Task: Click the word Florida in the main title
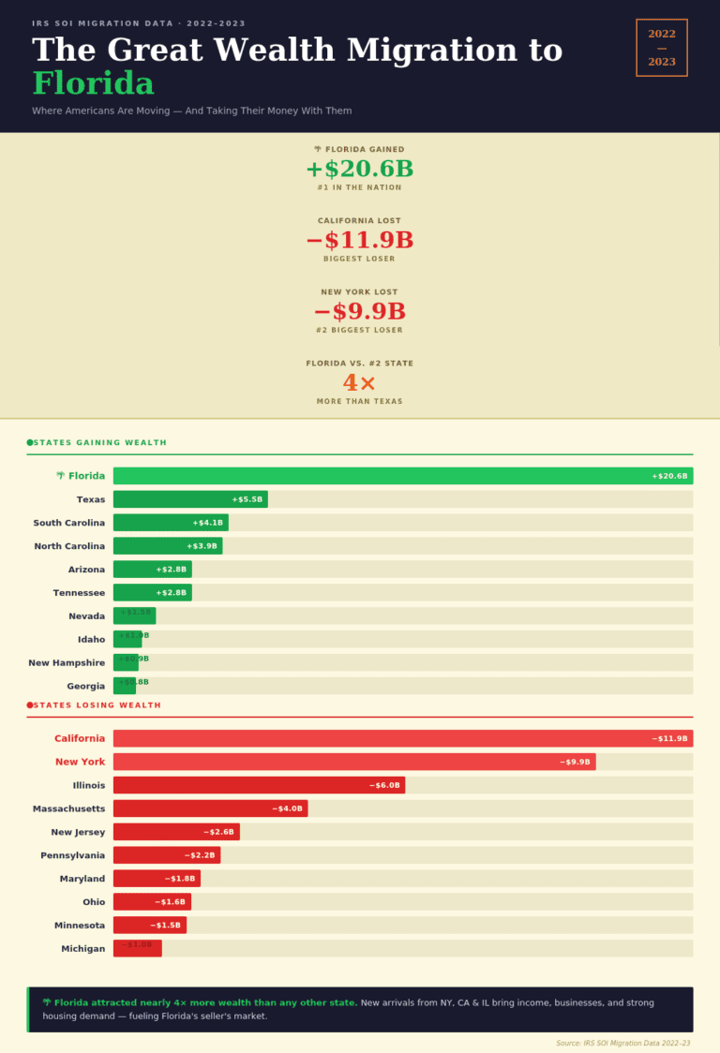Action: (x=93, y=83)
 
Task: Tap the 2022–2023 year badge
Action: (x=662, y=48)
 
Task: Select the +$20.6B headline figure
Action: (x=359, y=170)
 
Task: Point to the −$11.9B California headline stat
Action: (x=359, y=241)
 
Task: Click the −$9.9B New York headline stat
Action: (x=359, y=312)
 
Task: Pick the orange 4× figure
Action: (x=359, y=383)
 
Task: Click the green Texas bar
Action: (x=190, y=499)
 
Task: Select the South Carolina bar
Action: (x=171, y=523)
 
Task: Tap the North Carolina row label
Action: (x=69, y=546)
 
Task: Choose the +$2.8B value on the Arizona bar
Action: (x=172, y=570)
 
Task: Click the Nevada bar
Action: (x=134, y=615)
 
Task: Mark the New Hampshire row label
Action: (x=67, y=663)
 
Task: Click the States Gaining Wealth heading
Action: (x=99, y=442)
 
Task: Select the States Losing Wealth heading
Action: (x=97, y=704)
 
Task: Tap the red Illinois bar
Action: (x=259, y=785)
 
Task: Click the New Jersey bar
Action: (x=176, y=832)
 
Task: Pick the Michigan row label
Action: (x=83, y=949)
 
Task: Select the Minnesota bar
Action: (x=150, y=926)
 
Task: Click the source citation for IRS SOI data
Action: (x=622, y=1043)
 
